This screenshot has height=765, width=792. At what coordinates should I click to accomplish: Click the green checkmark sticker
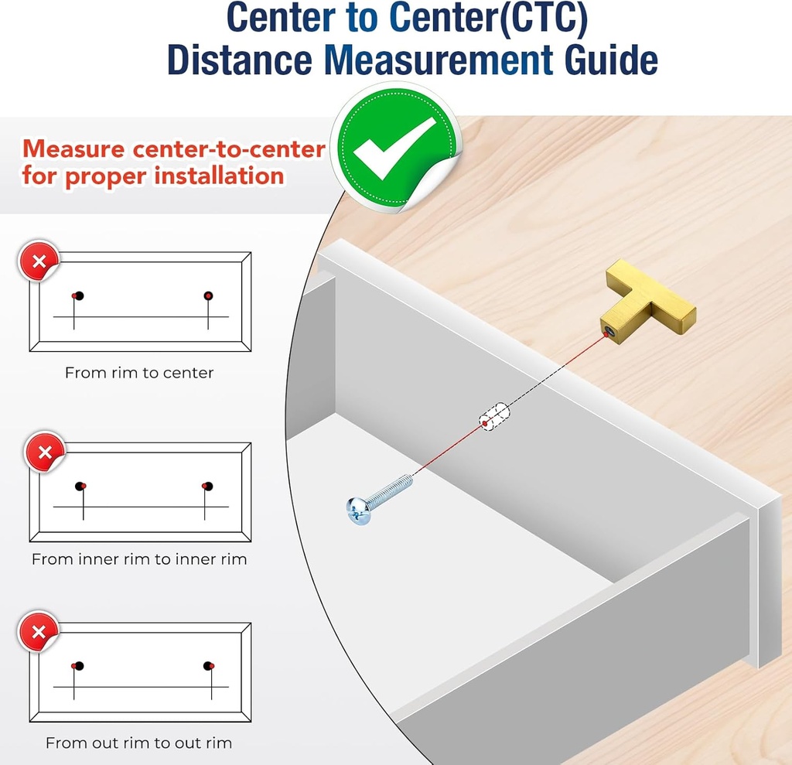tap(395, 147)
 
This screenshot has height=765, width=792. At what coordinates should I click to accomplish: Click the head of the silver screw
tap(358, 511)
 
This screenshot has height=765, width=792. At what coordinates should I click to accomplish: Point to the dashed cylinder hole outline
tap(494, 417)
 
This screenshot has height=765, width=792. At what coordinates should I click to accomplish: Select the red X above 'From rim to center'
tap(39, 261)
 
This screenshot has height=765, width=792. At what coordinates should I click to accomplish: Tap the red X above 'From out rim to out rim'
tap(39, 632)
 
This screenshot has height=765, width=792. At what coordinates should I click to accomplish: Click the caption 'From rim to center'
tap(139, 373)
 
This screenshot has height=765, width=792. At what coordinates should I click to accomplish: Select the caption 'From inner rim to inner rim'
tap(139, 559)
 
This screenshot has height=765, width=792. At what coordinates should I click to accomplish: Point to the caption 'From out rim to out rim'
tap(139, 743)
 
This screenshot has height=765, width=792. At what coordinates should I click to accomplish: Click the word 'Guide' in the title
tap(611, 60)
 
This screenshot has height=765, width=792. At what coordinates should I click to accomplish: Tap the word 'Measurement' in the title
tap(439, 60)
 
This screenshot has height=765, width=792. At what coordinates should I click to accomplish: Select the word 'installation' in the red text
tap(219, 176)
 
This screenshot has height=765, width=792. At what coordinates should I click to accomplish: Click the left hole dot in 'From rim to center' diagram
tap(78, 295)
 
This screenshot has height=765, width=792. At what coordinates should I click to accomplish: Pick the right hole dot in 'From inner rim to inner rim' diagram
tap(207, 486)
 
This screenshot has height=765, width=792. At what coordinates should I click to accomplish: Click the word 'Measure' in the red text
tap(73, 149)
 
